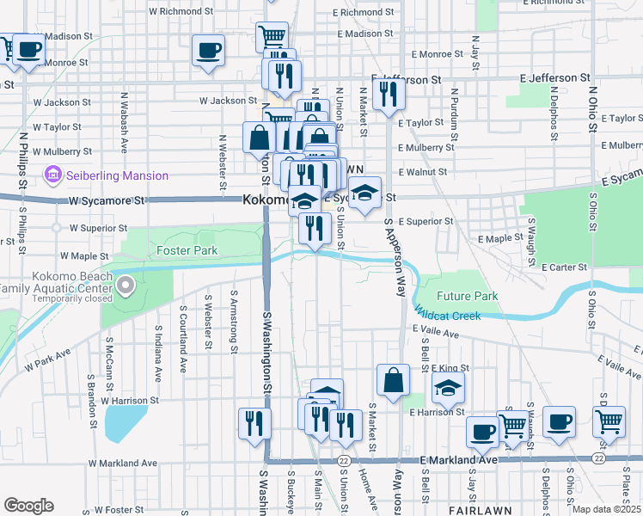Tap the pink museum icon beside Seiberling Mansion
click(54, 175)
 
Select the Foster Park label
click(187, 250)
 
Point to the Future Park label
click(467, 296)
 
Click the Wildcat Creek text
click(447, 315)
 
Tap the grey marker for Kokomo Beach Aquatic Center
click(126, 285)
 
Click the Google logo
click(28, 506)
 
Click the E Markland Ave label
click(459, 460)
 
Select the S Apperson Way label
click(394, 258)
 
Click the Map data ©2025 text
click(606, 509)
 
